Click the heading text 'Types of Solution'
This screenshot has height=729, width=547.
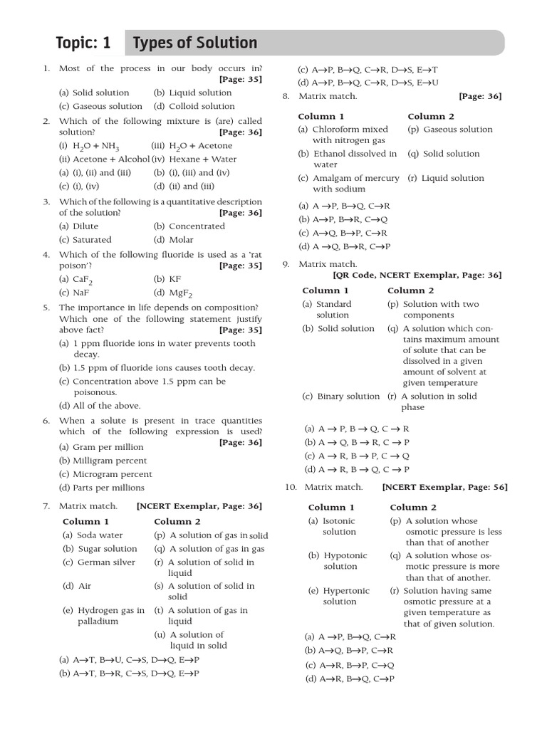pos(195,43)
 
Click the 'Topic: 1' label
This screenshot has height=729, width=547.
pos(83,43)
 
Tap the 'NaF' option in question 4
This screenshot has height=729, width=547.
pos(74,293)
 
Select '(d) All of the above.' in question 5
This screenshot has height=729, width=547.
pos(100,406)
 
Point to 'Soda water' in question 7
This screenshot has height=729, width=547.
pos(93,535)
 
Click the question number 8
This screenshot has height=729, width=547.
pos(286,96)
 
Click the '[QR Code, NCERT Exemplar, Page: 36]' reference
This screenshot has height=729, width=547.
pos(417,275)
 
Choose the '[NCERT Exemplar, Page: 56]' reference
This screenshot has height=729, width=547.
pos(444,487)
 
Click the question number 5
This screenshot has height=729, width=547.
pos(46,308)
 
